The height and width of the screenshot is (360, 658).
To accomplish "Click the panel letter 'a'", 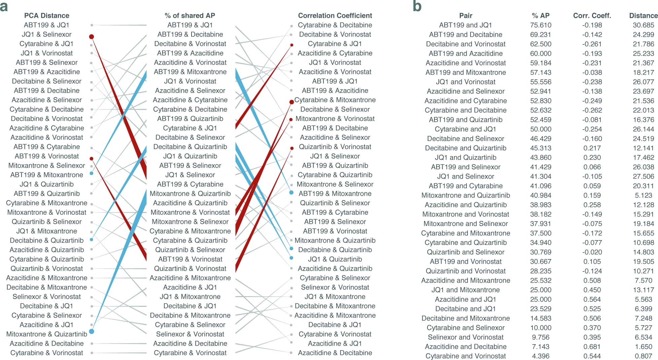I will click(x=4, y=7).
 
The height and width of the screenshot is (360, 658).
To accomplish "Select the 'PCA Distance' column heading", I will click(x=46, y=15).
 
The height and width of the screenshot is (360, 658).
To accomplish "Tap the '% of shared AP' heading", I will click(x=190, y=15).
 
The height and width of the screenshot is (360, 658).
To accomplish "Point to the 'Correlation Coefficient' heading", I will click(x=335, y=15).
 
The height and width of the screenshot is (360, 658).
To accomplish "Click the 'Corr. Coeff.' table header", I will click(x=592, y=15).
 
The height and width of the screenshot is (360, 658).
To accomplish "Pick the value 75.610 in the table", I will click(x=541, y=25).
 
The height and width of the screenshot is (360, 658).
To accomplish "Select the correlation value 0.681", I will click(x=592, y=347).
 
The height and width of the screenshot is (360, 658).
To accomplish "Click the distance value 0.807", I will click(x=643, y=356).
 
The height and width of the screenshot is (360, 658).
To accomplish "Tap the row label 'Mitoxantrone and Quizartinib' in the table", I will click(x=465, y=195).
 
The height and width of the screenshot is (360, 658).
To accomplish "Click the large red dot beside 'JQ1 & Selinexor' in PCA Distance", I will click(x=91, y=37).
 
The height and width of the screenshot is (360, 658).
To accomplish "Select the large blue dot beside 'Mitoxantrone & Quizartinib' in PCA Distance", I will click(x=91, y=331).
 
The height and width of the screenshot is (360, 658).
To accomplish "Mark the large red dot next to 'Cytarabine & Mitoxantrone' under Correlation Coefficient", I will click(x=291, y=102).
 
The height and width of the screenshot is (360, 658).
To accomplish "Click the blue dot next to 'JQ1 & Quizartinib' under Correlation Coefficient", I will click(x=291, y=258).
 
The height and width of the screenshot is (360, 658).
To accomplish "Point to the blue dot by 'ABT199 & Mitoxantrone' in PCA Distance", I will click(x=92, y=173).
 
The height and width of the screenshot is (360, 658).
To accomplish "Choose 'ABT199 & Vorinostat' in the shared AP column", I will click(x=190, y=259).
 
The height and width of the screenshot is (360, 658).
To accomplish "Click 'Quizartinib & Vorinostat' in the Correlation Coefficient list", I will click(x=335, y=147).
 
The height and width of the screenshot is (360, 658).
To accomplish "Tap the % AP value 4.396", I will click(x=541, y=356).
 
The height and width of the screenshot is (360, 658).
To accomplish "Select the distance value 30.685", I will click(x=643, y=25).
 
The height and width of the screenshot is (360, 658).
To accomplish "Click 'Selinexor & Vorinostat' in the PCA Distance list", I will click(x=46, y=297).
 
